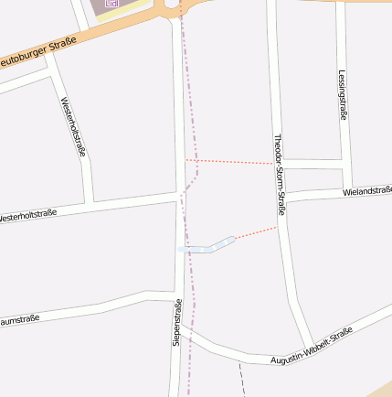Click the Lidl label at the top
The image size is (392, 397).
coord(112,4)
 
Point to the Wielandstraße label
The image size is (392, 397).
coord(367,190)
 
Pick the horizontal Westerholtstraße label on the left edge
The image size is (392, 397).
coord(27,217)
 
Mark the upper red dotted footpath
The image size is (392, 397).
coord(232,162)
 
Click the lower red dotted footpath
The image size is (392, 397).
coord(256,233)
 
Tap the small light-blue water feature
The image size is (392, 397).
coord(209,246)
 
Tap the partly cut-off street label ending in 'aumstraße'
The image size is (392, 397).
coord(18,320)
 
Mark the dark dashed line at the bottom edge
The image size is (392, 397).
coord(242,380)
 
